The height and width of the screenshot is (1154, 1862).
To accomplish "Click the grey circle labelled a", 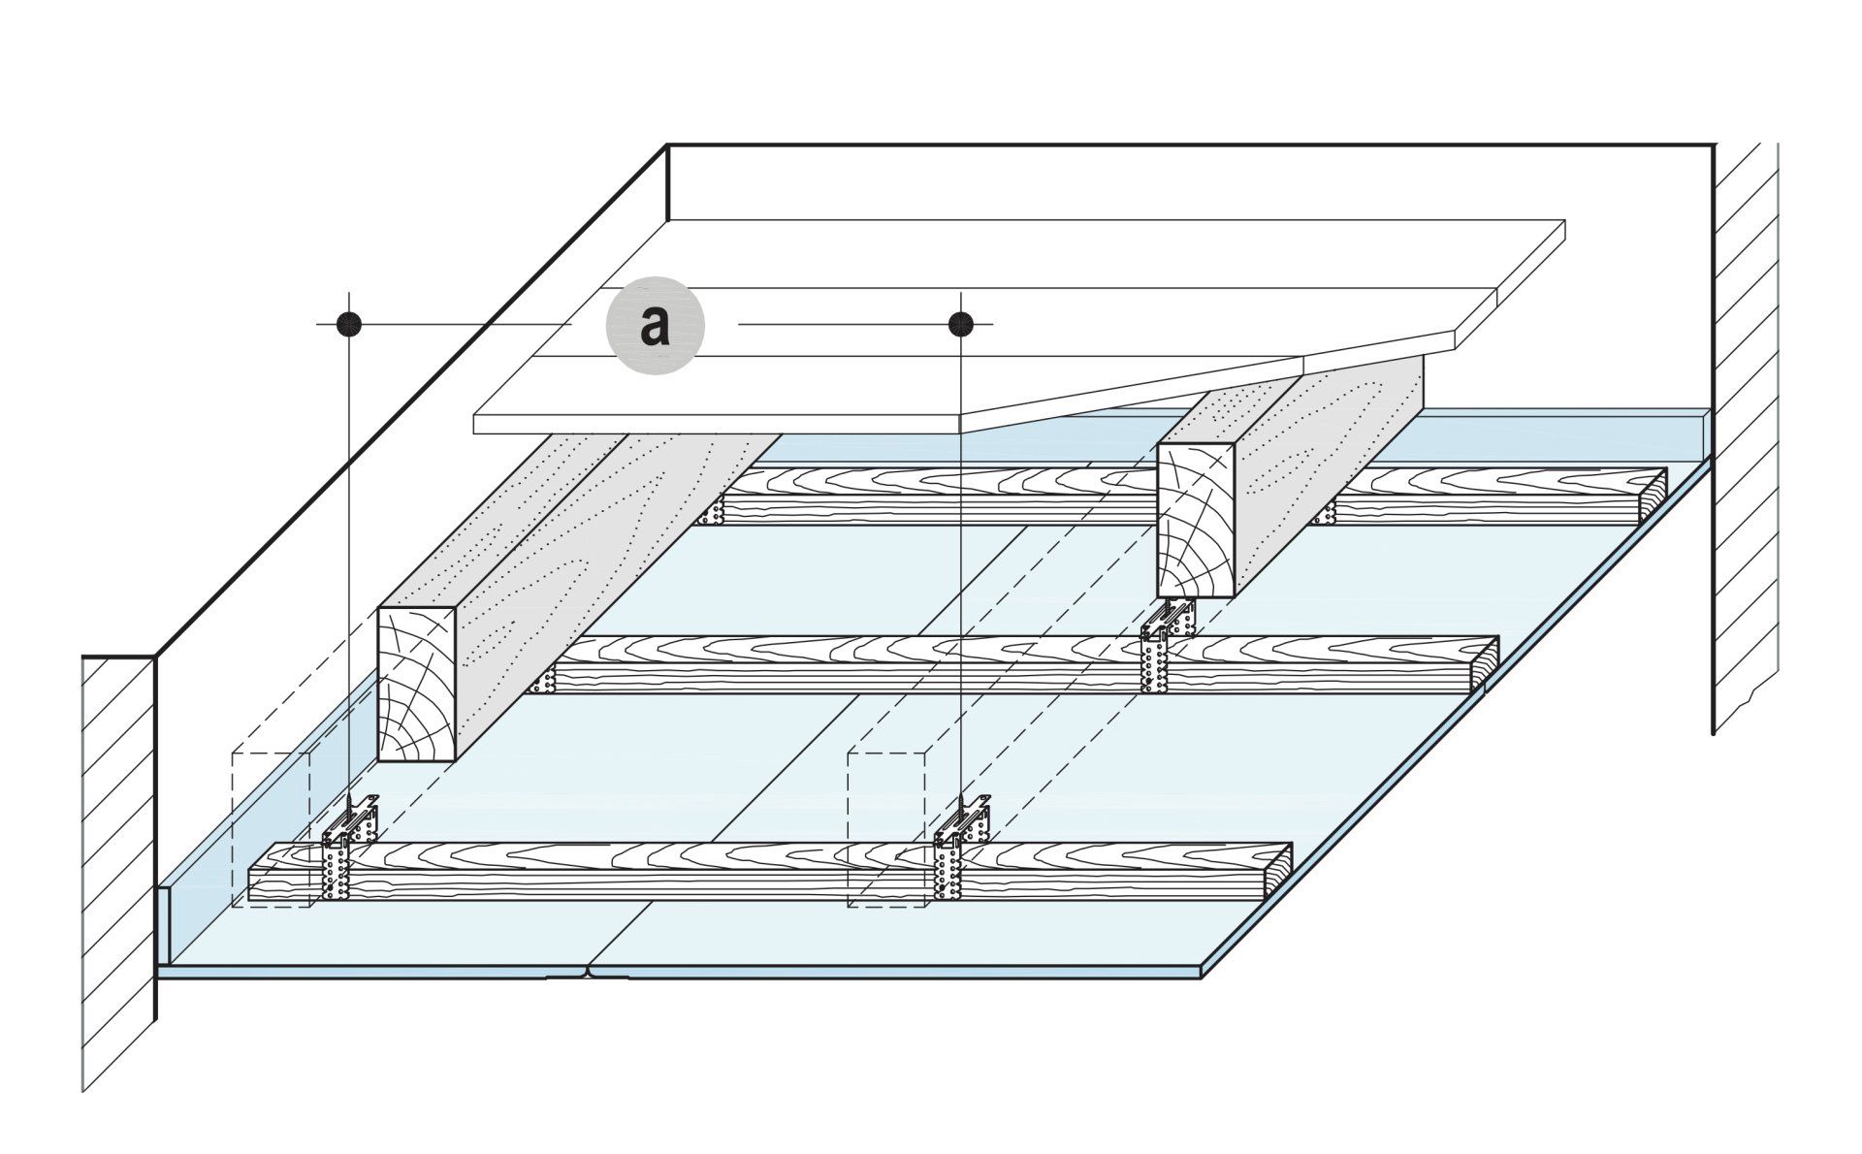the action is click(x=655, y=326).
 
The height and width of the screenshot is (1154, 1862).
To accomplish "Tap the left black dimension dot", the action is click(x=348, y=324).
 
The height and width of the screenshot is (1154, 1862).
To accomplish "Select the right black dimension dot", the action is click(x=960, y=323).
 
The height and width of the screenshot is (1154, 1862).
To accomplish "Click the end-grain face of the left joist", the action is click(x=416, y=684).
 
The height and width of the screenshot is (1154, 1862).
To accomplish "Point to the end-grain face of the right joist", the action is click(x=1196, y=522).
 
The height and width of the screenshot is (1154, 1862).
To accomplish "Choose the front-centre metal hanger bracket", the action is click(x=961, y=846).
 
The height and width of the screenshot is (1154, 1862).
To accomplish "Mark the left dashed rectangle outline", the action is click(x=271, y=829).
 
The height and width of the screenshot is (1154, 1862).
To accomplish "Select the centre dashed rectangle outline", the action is click(x=887, y=829).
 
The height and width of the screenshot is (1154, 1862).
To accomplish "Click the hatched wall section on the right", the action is click(x=1746, y=436).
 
